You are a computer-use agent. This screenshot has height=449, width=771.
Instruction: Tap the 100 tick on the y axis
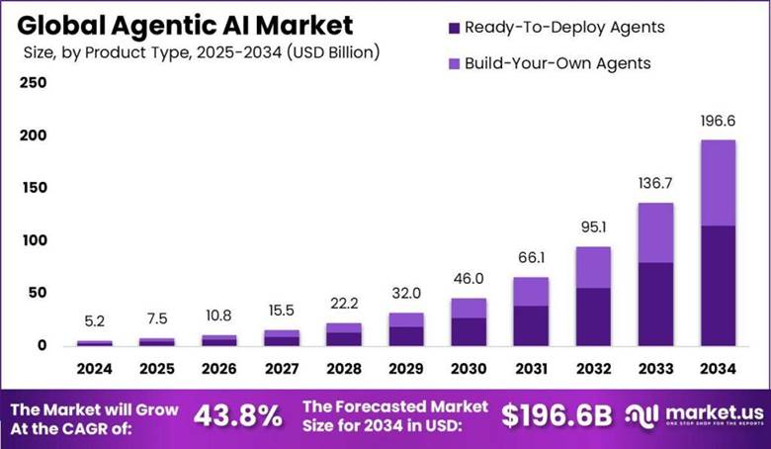click(34, 240)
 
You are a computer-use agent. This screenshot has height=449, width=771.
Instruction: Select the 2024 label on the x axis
click(95, 368)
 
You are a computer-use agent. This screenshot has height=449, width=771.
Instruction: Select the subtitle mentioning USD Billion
click(199, 50)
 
